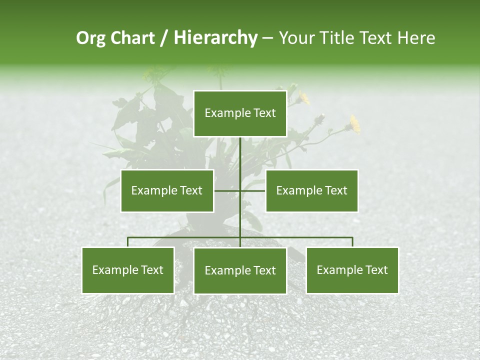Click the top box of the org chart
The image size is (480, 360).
point(240,113)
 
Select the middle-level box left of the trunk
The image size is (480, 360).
point(167,190)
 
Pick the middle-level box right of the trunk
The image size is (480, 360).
point(311,190)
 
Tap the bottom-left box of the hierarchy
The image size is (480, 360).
point(128,270)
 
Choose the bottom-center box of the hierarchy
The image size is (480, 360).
point(240,270)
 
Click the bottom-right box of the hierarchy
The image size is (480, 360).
point(352,270)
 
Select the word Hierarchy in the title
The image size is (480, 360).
point(215,38)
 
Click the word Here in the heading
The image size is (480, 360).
point(416,38)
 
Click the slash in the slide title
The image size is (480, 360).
point(164,38)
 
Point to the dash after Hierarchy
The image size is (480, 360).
point(267,38)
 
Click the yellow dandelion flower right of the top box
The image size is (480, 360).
point(354,124)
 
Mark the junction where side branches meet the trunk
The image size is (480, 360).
point(240,190)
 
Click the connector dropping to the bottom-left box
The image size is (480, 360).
point(128,242)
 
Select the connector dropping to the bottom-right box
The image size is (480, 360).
point(352,242)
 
